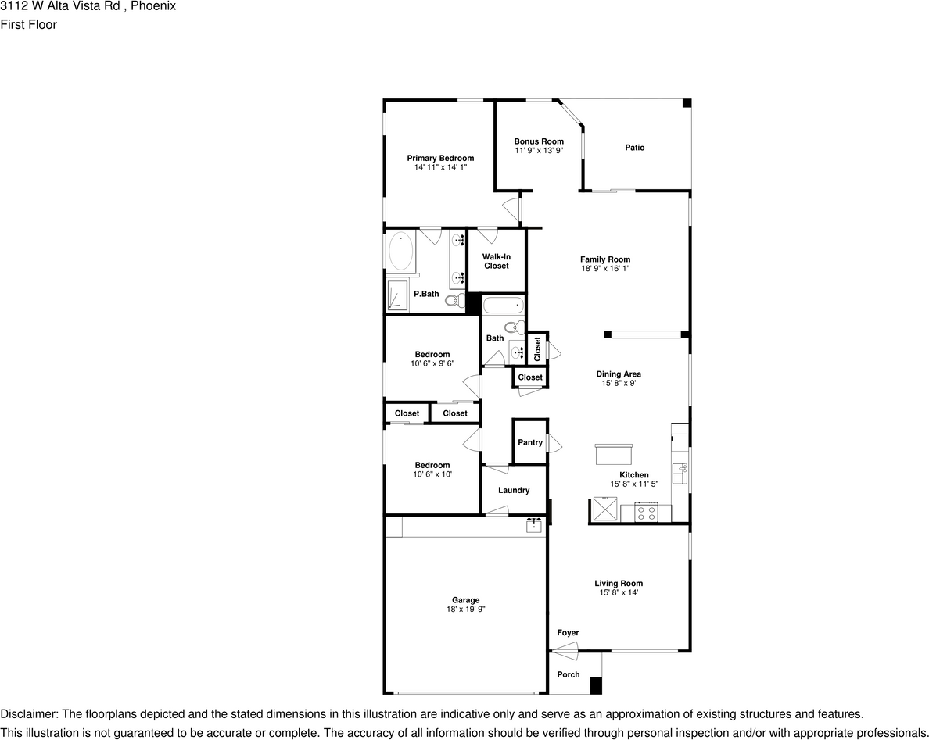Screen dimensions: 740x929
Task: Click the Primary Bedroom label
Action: point(440,158)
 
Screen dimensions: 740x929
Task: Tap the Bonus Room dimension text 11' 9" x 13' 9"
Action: point(538,150)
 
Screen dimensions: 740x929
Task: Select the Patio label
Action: point(635,148)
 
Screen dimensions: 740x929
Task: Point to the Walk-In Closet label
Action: point(496,261)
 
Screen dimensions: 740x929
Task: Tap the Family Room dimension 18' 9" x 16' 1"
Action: point(605,268)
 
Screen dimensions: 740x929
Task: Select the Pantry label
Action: point(530,442)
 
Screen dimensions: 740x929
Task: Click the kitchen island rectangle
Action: point(614,454)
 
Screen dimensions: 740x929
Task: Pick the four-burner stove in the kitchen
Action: point(646,513)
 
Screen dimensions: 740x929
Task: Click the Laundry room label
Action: point(514,490)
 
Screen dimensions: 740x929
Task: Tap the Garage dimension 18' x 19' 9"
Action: point(465,609)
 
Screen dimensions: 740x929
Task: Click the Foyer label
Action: point(568,633)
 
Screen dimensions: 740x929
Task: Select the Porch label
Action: point(569,674)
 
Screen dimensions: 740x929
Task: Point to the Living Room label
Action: point(619,583)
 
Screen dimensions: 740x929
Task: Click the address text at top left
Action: point(88,6)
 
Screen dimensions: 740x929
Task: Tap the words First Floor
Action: point(28,24)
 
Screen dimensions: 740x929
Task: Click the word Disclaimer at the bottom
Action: point(28,714)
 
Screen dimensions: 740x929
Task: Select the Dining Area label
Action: point(619,374)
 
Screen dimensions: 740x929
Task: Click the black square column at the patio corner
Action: point(687,103)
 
